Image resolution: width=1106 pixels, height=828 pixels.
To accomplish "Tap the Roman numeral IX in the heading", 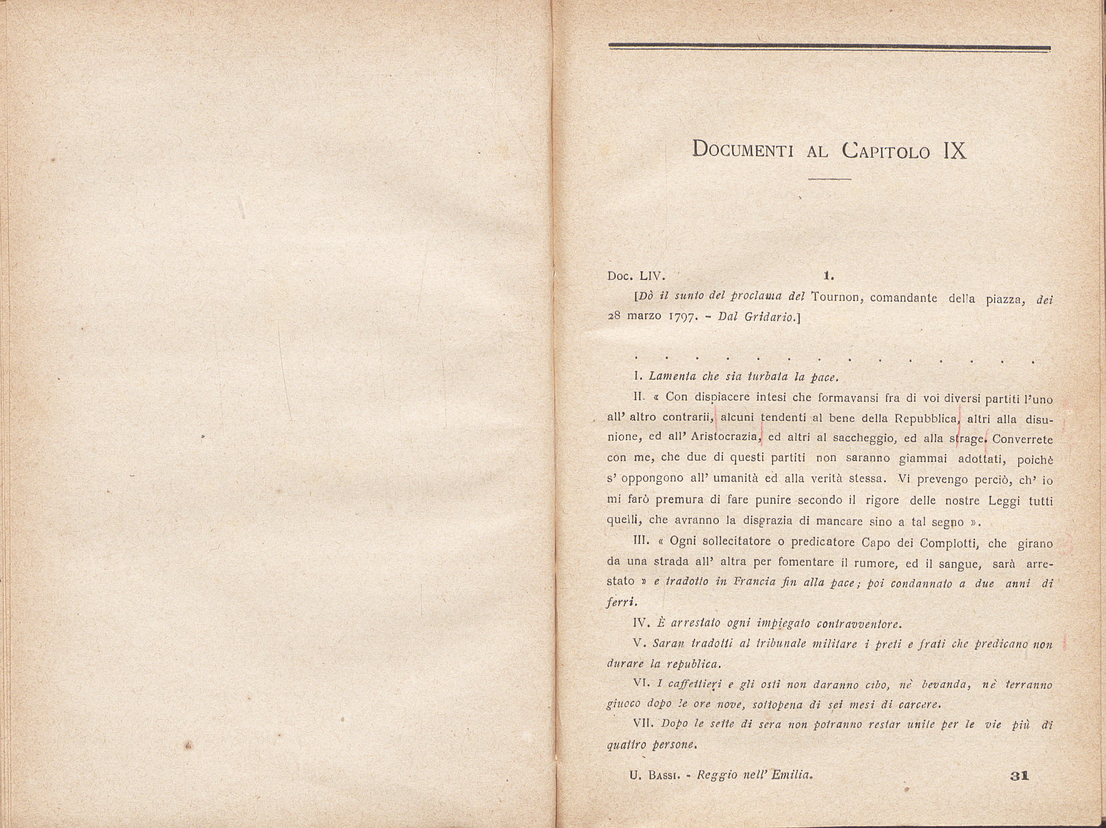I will click(x=954, y=150).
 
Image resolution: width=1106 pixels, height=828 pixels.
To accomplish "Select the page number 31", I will click(x=1019, y=776).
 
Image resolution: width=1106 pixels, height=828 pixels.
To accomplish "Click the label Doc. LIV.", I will click(x=636, y=276).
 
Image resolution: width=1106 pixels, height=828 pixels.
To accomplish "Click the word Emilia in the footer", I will click(x=791, y=776).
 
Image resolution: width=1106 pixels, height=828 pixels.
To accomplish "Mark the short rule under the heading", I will click(x=829, y=179).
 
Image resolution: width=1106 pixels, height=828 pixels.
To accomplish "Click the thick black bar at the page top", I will click(x=829, y=48).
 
